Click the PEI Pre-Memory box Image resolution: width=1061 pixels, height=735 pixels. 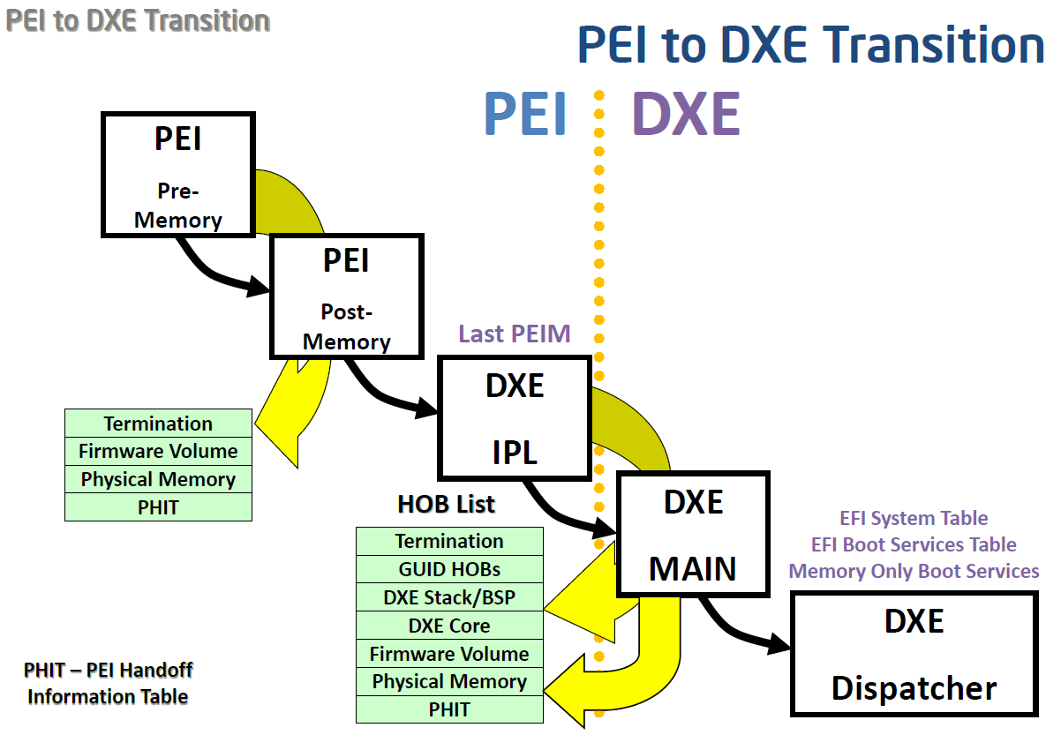177,175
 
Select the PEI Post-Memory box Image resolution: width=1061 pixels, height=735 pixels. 346,296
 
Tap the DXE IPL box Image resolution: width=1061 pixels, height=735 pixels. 515,418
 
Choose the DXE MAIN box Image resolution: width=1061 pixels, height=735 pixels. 693,535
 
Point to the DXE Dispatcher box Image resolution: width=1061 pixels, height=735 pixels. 914,653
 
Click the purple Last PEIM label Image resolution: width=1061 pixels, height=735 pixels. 514,334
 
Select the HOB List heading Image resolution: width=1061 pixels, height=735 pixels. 446,504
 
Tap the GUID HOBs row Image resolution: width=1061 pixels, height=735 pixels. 449,569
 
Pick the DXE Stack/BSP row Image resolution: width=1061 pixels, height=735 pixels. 449,597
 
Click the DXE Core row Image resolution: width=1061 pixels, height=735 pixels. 449,626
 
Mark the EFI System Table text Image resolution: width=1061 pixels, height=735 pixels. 914,518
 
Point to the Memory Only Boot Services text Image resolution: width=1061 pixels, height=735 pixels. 914,571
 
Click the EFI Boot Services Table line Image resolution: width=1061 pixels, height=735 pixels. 914,544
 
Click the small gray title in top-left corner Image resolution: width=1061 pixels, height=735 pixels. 138,20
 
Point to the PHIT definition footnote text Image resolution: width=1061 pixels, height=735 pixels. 108,683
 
